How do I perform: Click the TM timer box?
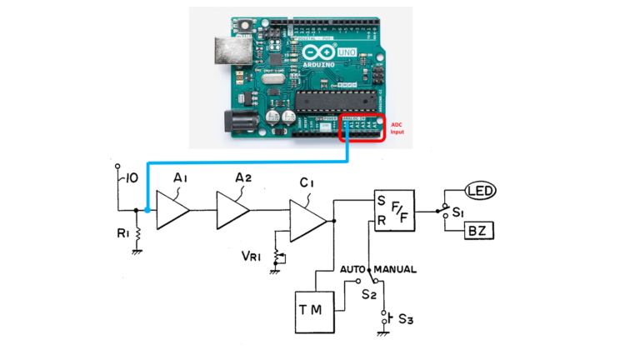click(x=315, y=312)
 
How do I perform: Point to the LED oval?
click(x=480, y=192)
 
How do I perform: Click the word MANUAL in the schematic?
click(x=395, y=270)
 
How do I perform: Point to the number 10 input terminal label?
click(x=131, y=178)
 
